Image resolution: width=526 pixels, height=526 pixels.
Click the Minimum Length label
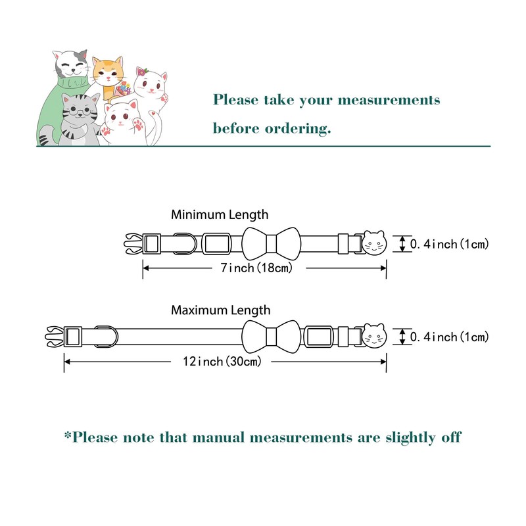click(220, 214)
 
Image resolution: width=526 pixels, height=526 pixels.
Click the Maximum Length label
click(220, 310)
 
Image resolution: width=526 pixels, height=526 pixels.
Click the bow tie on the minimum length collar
click(270, 243)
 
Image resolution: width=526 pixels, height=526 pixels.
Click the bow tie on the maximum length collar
click(270, 337)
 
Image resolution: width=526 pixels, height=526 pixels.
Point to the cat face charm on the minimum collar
click(374, 243)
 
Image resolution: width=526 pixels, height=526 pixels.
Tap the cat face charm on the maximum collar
click(374, 337)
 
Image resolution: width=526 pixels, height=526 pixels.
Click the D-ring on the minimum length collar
click(185, 243)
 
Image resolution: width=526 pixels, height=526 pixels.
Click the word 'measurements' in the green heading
click(389, 101)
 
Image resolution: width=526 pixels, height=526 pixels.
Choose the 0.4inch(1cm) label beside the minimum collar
click(450, 244)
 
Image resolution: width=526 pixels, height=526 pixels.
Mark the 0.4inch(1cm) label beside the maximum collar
click(450, 337)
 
